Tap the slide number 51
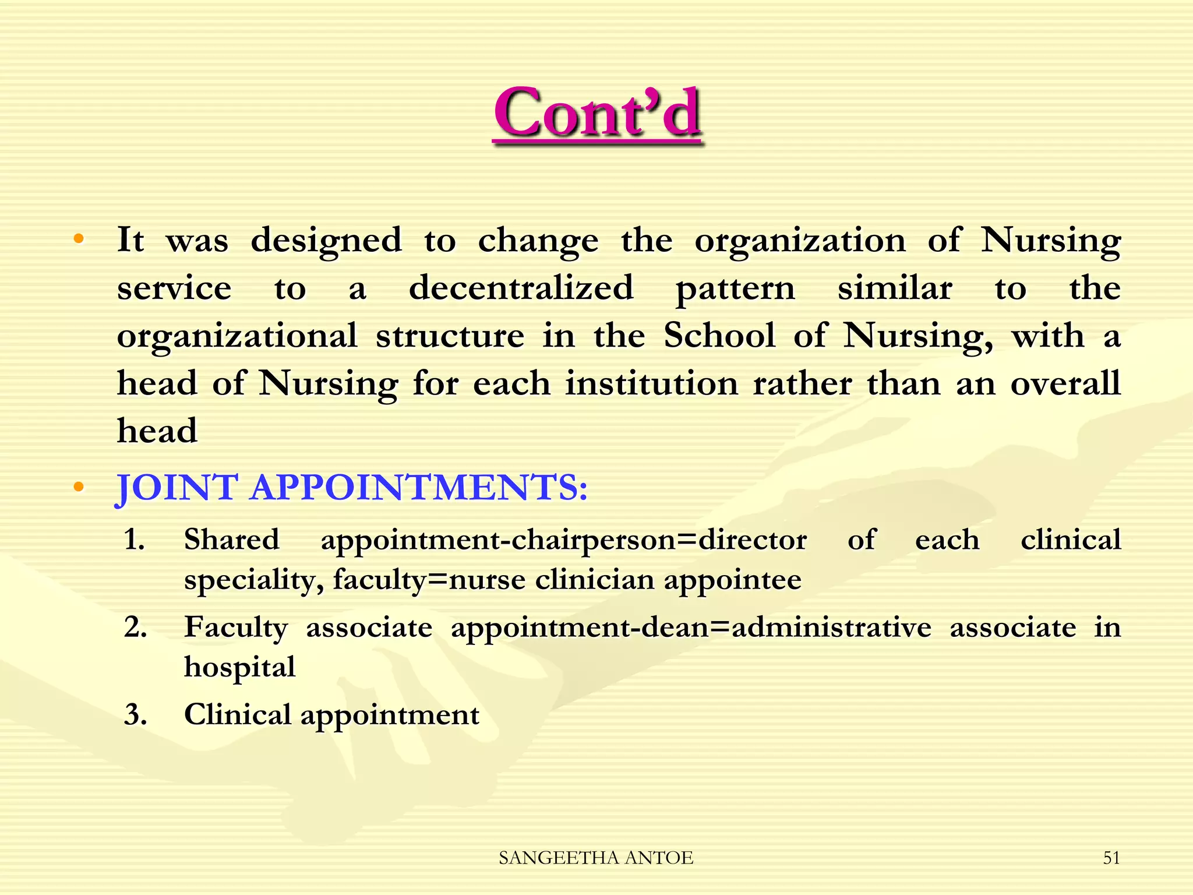(1111, 858)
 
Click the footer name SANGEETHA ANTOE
(596, 858)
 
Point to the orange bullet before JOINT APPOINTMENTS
(79, 487)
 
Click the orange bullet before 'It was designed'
(79, 239)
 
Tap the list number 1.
(135, 539)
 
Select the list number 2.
(135, 627)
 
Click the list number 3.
(135, 714)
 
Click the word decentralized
(521, 288)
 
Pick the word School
(719, 336)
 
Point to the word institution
(652, 383)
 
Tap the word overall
(1065, 383)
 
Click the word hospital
(239, 667)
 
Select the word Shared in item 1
(231, 539)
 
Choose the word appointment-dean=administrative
(691, 628)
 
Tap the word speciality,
(254, 580)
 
